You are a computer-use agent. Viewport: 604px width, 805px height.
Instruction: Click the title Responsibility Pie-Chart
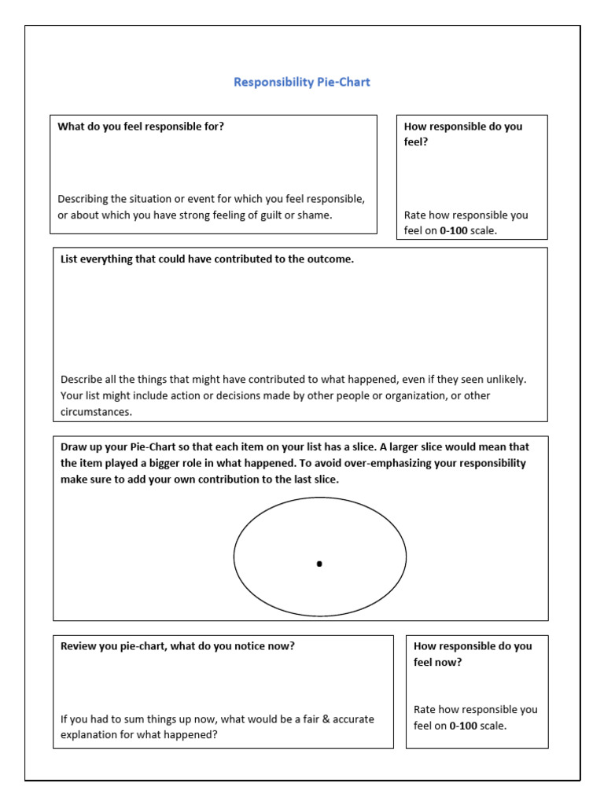[302, 82]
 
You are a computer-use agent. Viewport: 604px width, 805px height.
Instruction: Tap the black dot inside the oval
[319, 564]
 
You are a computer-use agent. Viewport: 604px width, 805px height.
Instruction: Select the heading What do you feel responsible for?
[141, 126]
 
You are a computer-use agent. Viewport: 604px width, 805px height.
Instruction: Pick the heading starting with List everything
[207, 259]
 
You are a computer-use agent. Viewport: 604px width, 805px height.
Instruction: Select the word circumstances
[97, 411]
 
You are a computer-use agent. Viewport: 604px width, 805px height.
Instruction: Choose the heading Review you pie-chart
[177, 646]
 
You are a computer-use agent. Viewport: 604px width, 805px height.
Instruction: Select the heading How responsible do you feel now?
[472, 654]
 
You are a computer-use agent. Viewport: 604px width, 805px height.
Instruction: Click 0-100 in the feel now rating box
[463, 726]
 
